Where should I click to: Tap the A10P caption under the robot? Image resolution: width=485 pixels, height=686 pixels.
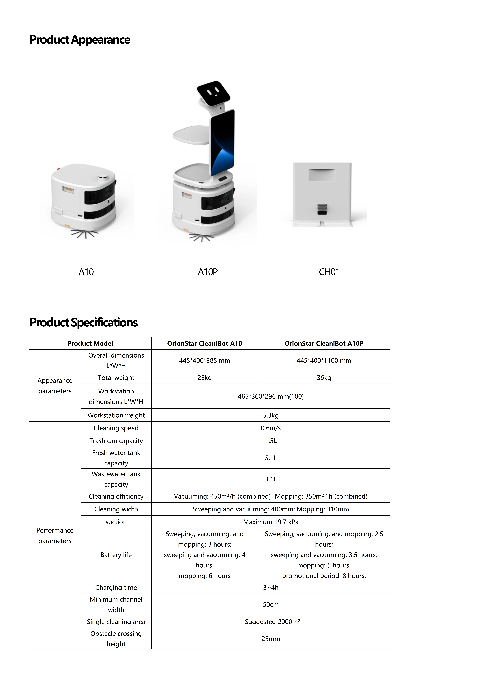click(x=208, y=272)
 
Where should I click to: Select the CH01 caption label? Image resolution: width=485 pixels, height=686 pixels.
click(x=329, y=272)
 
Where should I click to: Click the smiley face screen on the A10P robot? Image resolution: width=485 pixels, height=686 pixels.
click(x=213, y=91)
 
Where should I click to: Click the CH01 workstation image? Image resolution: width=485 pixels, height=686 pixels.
click(x=322, y=194)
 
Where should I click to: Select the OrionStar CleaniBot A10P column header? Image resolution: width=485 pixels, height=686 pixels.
click(x=324, y=343)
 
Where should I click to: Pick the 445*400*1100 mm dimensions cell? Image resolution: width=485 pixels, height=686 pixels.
click(x=324, y=361)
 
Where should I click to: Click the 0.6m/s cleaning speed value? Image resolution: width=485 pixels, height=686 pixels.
click(x=271, y=428)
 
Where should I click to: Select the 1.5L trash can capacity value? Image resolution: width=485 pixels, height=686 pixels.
click(x=271, y=441)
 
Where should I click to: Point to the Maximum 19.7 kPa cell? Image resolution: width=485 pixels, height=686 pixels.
click(x=271, y=522)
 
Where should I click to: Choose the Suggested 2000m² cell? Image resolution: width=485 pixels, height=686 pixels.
click(x=272, y=622)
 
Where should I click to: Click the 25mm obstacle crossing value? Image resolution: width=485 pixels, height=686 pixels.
click(x=271, y=639)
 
